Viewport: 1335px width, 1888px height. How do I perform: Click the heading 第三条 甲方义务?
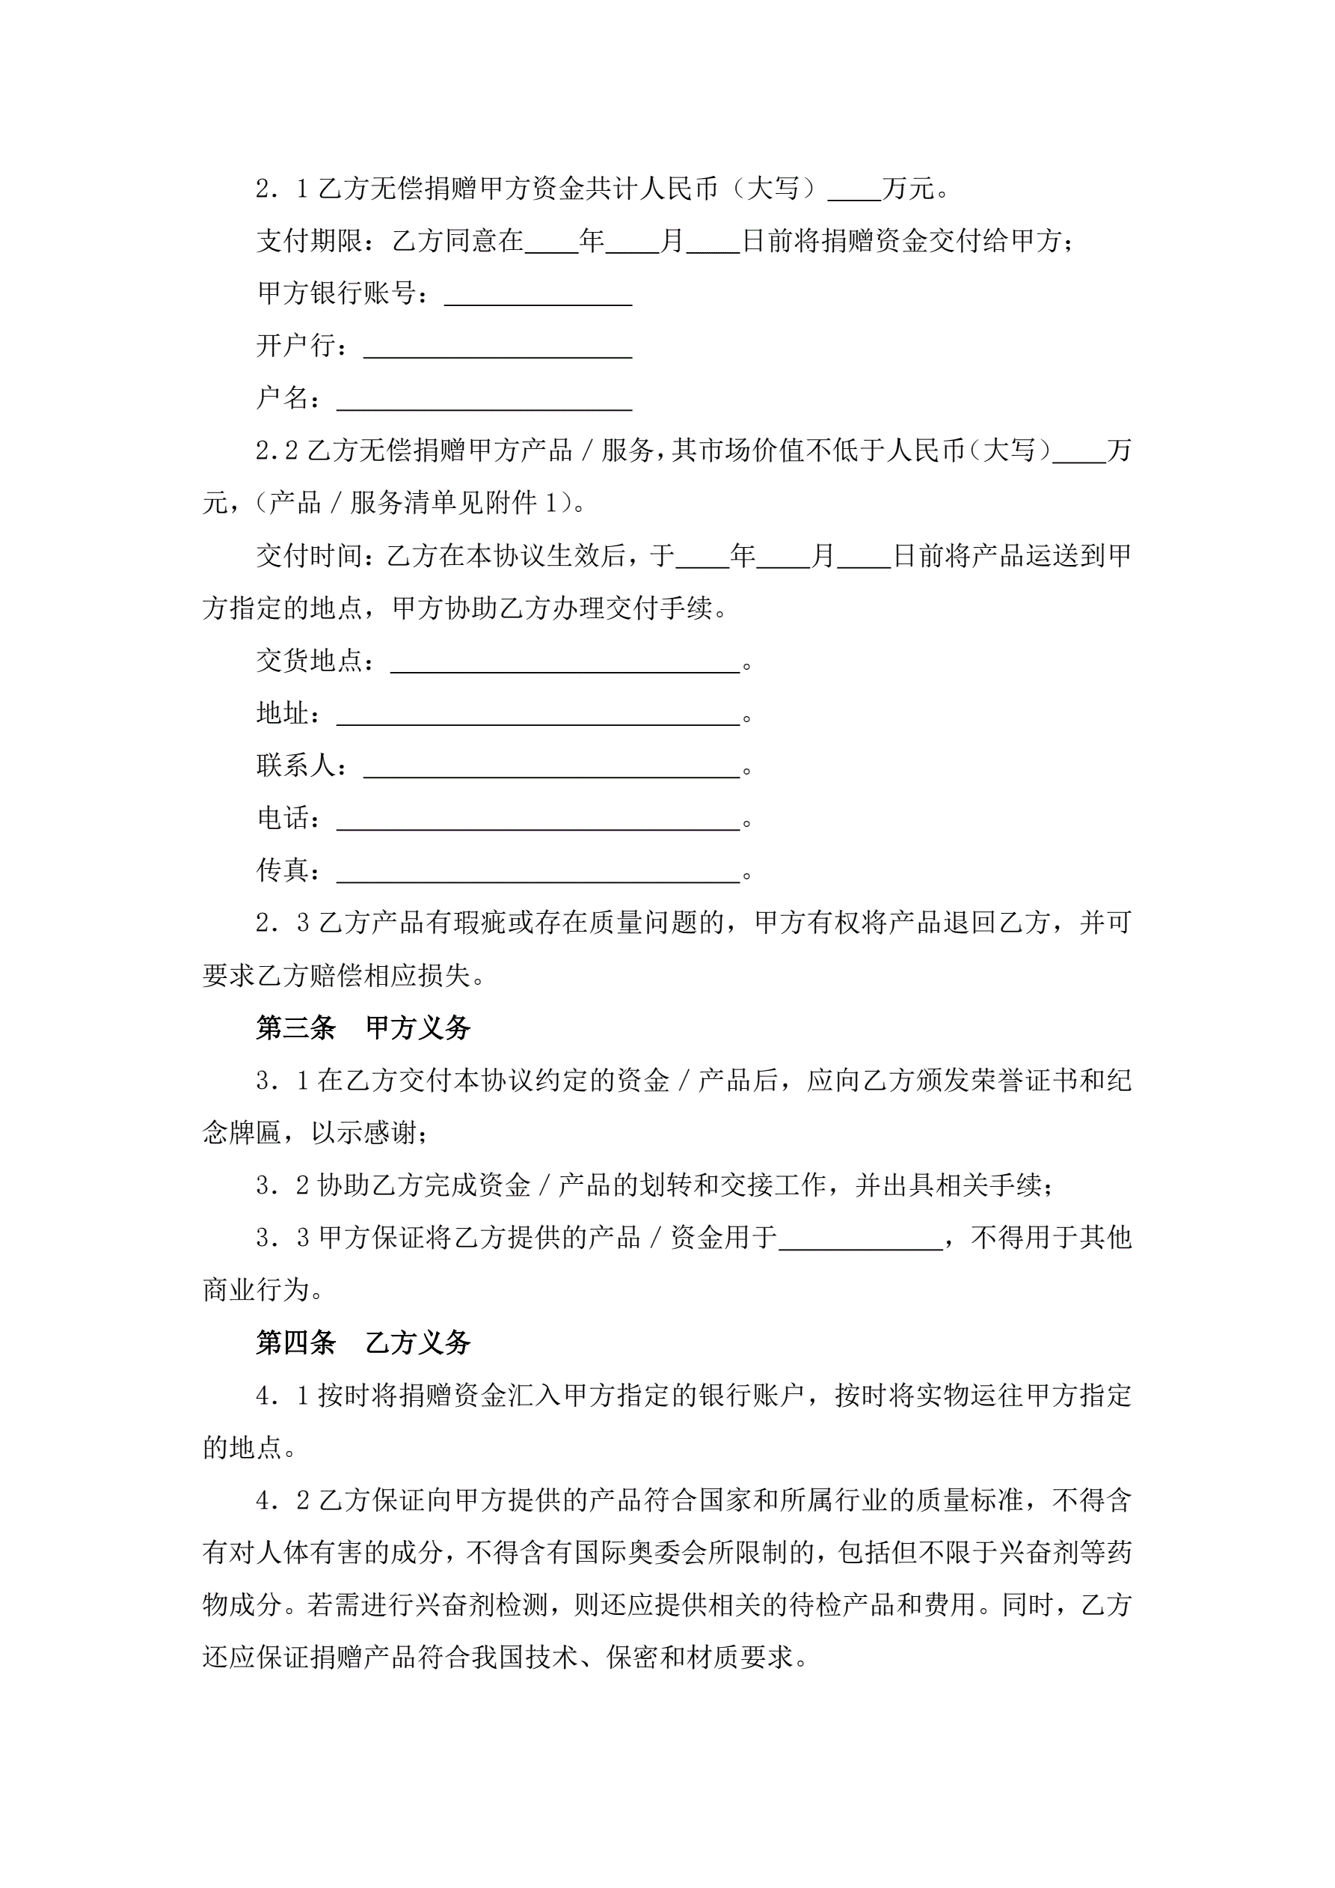[x=363, y=1028]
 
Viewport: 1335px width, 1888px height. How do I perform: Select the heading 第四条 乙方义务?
[x=363, y=1342]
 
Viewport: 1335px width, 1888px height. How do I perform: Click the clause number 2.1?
[x=282, y=189]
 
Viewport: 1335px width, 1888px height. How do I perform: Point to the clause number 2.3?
[x=282, y=923]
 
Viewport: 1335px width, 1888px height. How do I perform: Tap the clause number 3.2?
[x=282, y=1185]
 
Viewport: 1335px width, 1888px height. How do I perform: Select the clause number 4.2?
[x=282, y=1500]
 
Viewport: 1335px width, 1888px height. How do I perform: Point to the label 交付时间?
[x=309, y=557]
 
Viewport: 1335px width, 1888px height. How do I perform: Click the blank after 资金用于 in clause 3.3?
[x=861, y=1238]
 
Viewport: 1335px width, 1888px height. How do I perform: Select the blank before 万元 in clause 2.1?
[x=854, y=191]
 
